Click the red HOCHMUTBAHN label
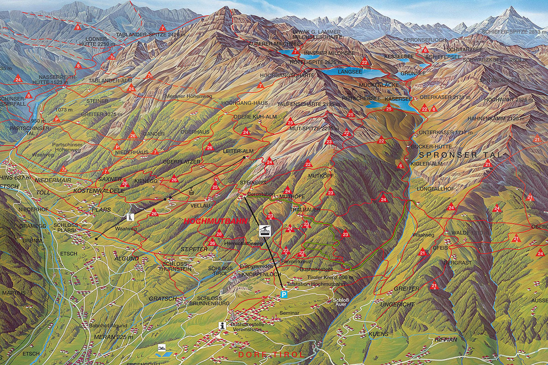(216, 221)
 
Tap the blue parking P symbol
(284, 295)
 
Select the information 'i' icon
(222, 325)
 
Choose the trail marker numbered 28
(219, 234)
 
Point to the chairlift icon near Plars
(131, 217)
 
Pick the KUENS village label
(378, 334)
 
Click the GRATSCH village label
(162, 299)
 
